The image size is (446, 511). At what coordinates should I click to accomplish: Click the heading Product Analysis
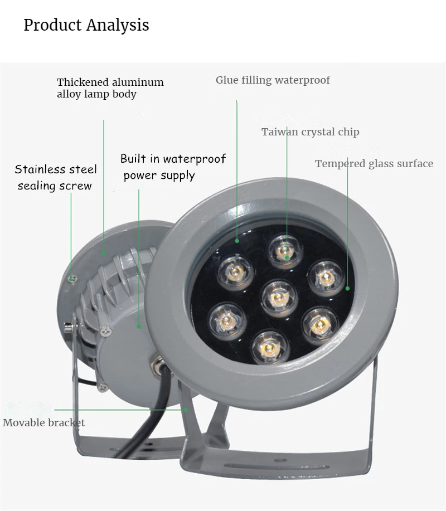(86, 25)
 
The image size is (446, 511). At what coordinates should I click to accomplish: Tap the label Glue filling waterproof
(273, 80)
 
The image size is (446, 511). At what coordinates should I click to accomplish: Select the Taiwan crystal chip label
(311, 132)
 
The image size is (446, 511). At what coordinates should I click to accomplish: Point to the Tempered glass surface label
(374, 164)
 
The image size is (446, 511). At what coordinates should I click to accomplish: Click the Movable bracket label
(44, 422)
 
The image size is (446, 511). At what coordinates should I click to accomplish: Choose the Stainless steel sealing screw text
(55, 177)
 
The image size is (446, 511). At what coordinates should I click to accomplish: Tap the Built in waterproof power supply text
(173, 167)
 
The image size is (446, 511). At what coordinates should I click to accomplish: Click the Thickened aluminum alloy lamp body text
(110, 88)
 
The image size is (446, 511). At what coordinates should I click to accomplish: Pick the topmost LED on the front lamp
(286, 251)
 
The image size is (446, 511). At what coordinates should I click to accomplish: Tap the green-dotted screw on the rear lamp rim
(72, 276)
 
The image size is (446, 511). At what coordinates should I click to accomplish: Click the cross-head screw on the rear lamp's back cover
(106, 330)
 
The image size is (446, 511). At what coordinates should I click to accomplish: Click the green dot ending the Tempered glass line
(347, 289)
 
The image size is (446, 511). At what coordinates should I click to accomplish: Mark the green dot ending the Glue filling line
(236, 241)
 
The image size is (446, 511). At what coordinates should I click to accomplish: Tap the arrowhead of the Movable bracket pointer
(186, 410)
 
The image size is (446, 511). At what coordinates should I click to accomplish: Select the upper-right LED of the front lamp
(325, 274)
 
